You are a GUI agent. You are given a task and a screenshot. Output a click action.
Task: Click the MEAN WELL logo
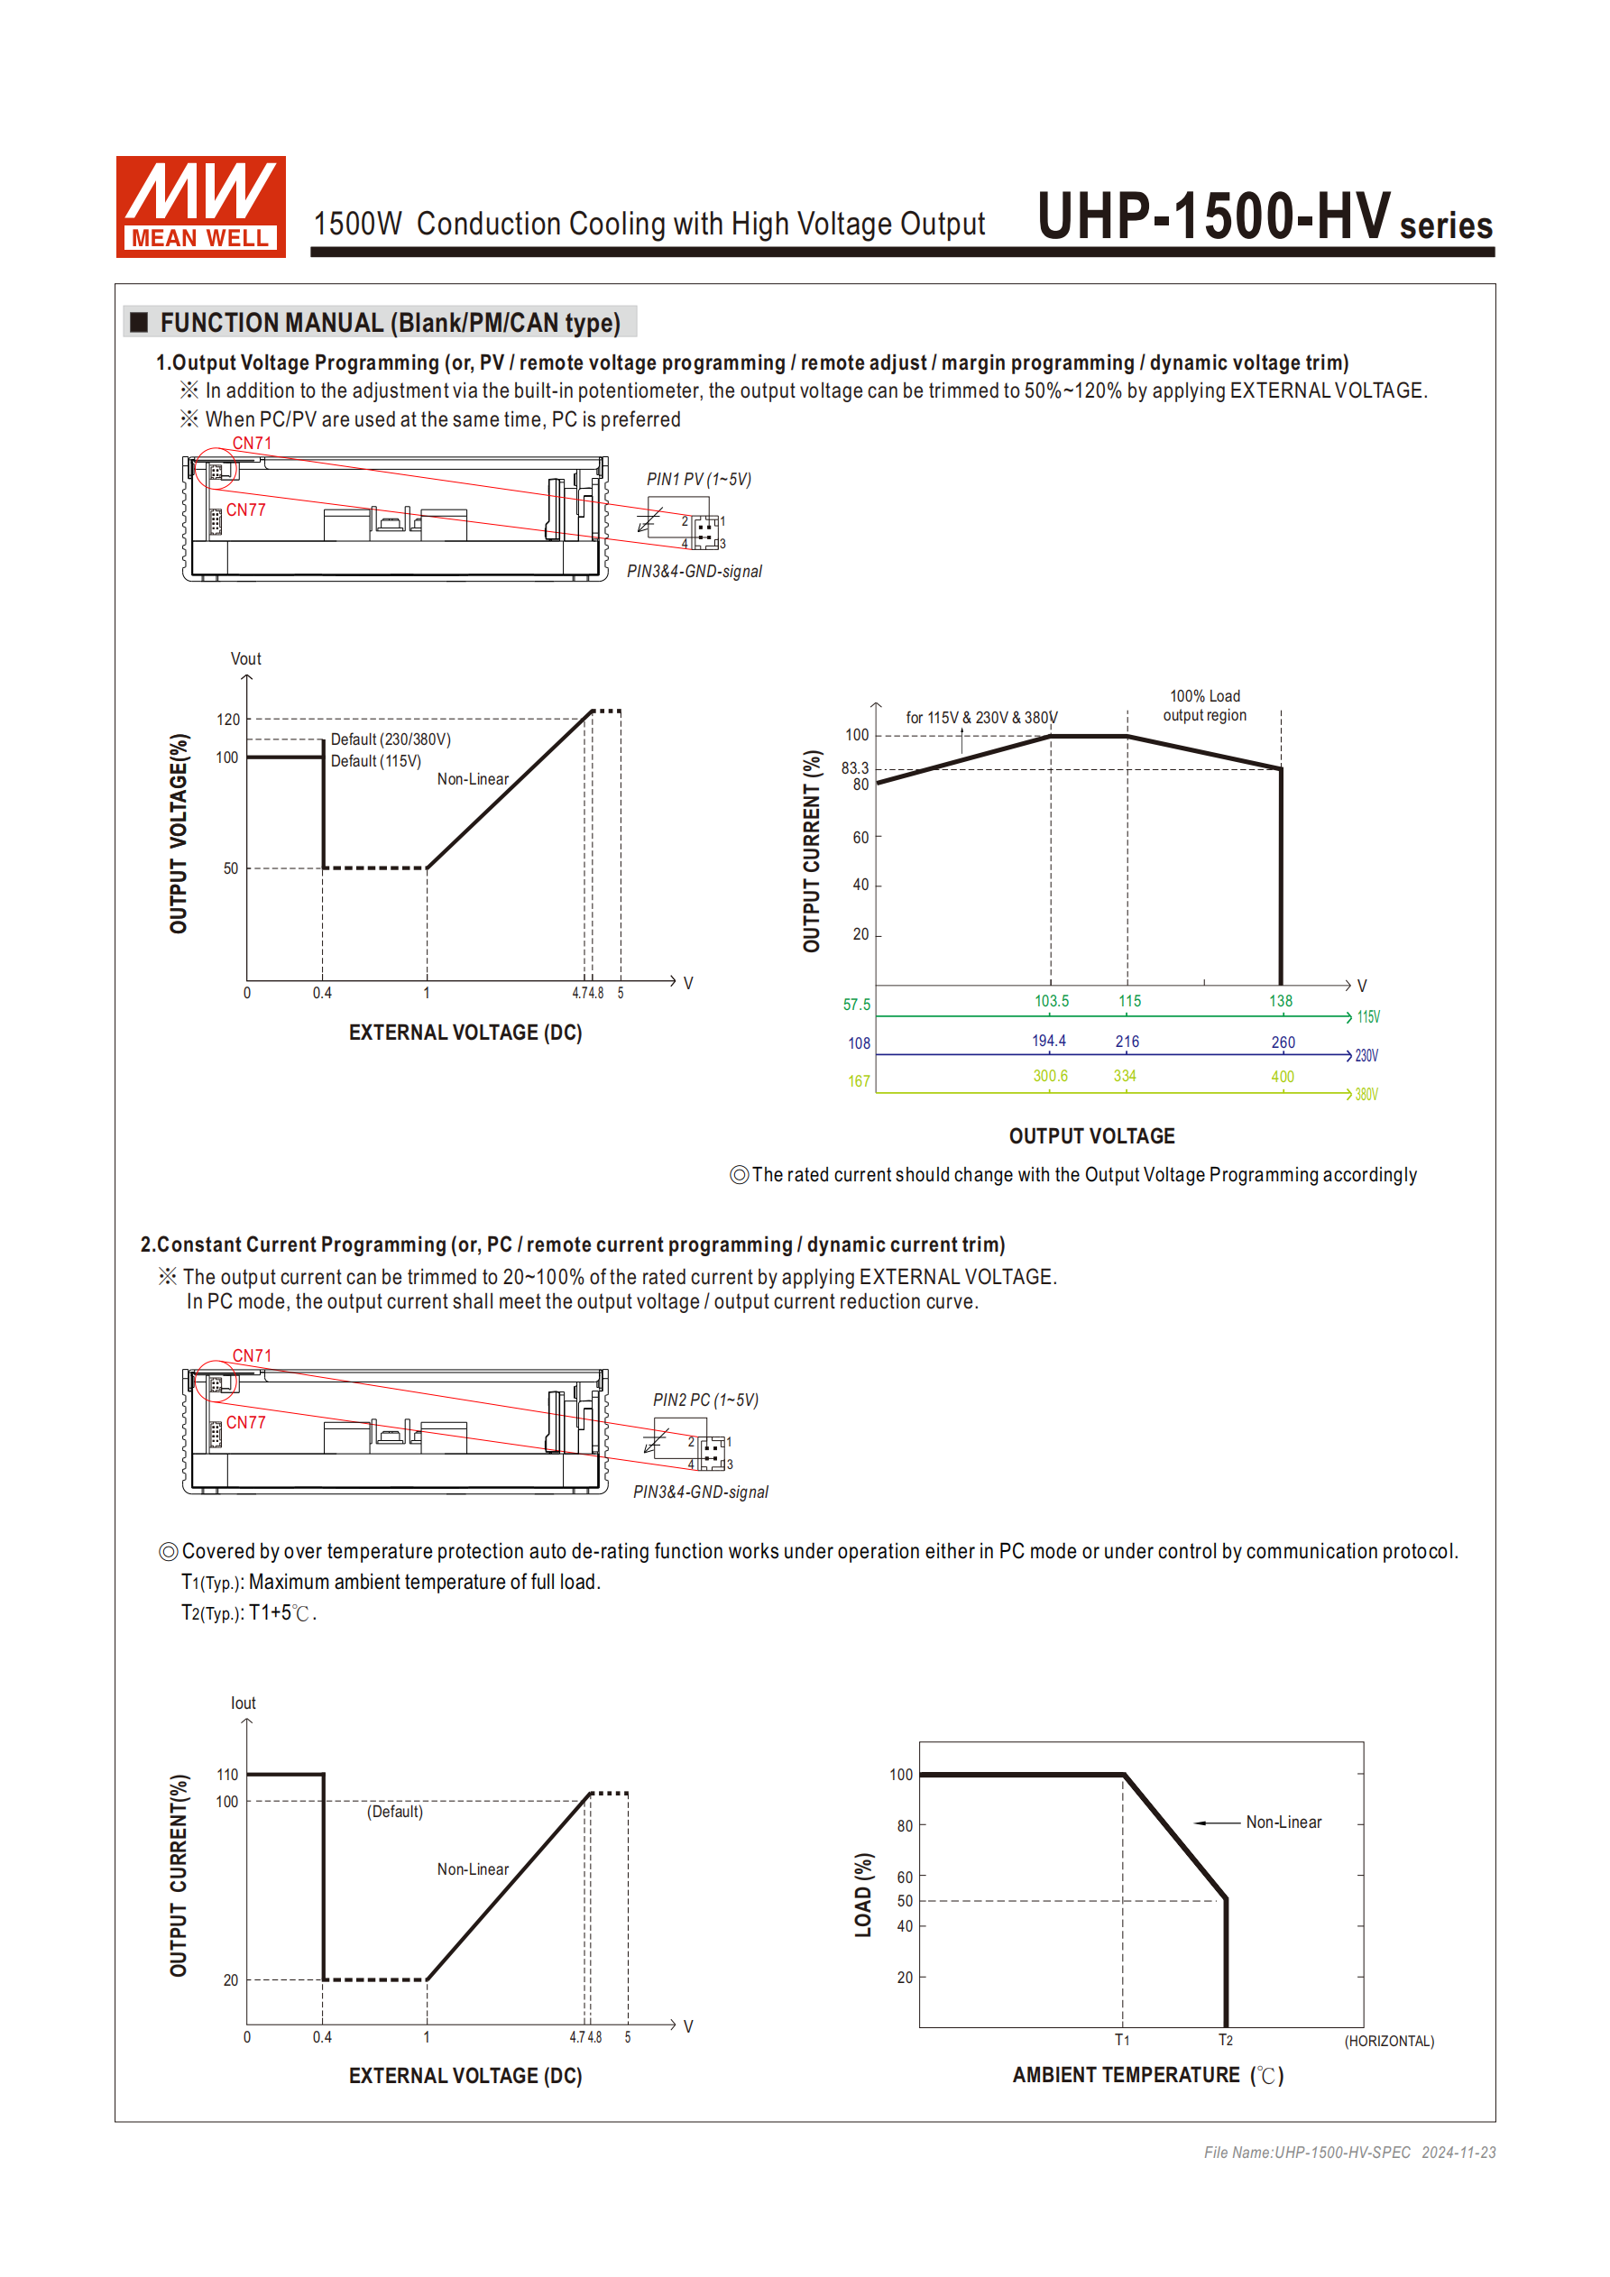(200, 207)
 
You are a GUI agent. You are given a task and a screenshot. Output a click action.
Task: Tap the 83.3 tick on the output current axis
(854, 767)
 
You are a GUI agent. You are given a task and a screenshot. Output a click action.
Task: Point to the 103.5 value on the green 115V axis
(1051, 1001)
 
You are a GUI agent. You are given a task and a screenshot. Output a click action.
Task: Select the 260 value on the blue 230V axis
(1282, 1042)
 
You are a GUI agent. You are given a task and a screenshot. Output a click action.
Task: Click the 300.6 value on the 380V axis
(1050, 1076)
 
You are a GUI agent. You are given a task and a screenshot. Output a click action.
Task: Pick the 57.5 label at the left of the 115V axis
(856, 1005)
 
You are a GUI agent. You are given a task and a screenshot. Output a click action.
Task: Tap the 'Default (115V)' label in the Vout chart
(375, 760)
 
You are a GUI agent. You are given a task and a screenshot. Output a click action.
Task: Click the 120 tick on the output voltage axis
(228, 719)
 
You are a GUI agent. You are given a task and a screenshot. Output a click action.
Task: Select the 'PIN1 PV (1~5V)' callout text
(698, 479)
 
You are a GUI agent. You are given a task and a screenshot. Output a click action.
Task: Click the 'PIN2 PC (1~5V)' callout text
(704, 1400)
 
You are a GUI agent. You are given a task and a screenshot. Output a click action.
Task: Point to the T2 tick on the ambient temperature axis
(1225, 2040)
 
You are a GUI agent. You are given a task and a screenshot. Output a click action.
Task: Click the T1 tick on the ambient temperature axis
(1121, 2040)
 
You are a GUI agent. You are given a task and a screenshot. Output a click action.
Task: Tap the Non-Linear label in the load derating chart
(1283, 1822)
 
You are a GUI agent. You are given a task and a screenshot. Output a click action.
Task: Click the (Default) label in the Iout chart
(395, 1811)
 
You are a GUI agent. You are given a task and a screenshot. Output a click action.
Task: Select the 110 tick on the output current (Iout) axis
(227, 1774)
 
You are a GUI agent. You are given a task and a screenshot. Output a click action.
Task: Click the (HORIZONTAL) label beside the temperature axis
(1388, 2041)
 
